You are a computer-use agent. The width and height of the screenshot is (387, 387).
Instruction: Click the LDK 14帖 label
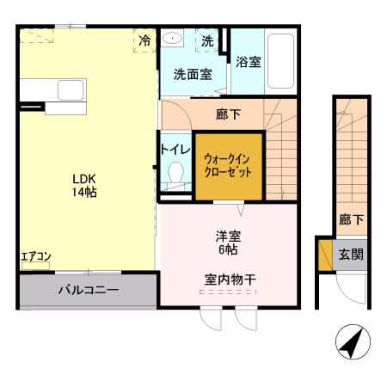coord(83,186)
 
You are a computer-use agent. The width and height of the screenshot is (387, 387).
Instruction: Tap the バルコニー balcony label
coord(88,290)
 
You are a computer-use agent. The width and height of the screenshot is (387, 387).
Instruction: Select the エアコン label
coord(35,256)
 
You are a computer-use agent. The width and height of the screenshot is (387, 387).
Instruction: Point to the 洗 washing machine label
coord(207,40)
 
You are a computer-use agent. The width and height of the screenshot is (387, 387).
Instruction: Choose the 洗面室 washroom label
coord(193,74)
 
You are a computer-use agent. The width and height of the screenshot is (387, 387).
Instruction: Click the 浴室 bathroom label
coord(249,62)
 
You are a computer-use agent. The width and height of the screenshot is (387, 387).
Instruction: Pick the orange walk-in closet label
coord(227,164)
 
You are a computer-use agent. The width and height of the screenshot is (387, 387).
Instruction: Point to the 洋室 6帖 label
coord(227,242)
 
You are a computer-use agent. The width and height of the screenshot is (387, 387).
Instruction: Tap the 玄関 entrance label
coord(349,255)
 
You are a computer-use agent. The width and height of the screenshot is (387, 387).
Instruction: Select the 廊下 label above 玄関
coord(349,219)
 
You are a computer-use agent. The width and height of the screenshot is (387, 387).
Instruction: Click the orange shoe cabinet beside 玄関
coord(325,255)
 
